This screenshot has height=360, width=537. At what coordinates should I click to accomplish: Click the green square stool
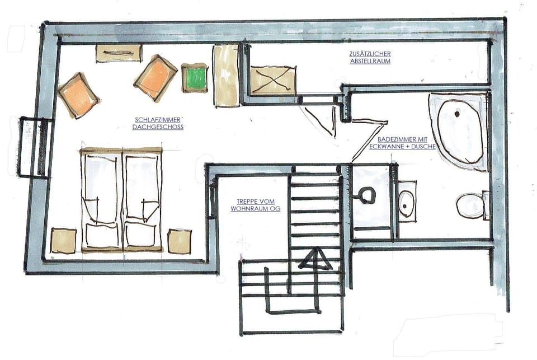click(195, 78)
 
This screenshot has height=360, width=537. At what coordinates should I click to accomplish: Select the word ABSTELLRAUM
click(370, 61)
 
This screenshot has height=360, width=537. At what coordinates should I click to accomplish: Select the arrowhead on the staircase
click(314, 259)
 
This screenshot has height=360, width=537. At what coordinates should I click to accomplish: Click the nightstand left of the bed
click(63, 241)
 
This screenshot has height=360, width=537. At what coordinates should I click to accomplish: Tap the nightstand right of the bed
click(179, 241)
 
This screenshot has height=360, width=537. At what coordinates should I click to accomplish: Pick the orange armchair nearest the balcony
click(78, 95)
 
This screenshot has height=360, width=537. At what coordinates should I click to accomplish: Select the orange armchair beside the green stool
click(156, 77)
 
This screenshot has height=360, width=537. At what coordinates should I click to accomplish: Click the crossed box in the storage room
click(272, 80)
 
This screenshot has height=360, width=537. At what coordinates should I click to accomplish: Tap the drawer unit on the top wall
click(118, 53)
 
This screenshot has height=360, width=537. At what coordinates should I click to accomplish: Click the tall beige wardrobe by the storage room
click(226, 75)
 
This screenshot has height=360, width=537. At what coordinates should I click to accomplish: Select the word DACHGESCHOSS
click(158, 127)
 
